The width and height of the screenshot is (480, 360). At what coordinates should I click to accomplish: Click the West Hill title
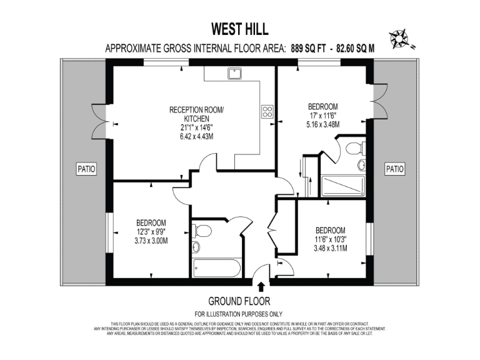[x=239, y=29]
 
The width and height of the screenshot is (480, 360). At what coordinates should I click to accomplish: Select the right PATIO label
[x=394, y=169]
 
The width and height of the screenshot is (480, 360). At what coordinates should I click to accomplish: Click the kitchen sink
[x=235, y=74]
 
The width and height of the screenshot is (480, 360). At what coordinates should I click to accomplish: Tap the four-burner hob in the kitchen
[x=267, y=112]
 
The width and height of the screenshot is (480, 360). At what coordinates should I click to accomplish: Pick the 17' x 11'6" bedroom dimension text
[x=323, y=115]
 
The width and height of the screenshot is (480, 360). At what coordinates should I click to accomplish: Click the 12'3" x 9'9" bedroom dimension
[x=151, y=232]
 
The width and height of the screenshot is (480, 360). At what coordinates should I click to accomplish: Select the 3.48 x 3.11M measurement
[x=331, y=248]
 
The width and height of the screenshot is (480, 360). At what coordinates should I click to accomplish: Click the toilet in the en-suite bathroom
[x=354, y=149]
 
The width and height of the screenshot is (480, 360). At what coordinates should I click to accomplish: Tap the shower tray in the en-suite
[x=342, y=186]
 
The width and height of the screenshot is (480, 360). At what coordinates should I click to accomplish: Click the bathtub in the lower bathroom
[x=217, y=268]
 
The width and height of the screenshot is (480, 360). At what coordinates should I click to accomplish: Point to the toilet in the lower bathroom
[x=197, y=231]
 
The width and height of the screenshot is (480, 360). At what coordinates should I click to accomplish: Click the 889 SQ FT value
[x=312, y=48]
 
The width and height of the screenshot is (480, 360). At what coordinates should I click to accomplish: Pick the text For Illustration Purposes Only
[x=239, y=314]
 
